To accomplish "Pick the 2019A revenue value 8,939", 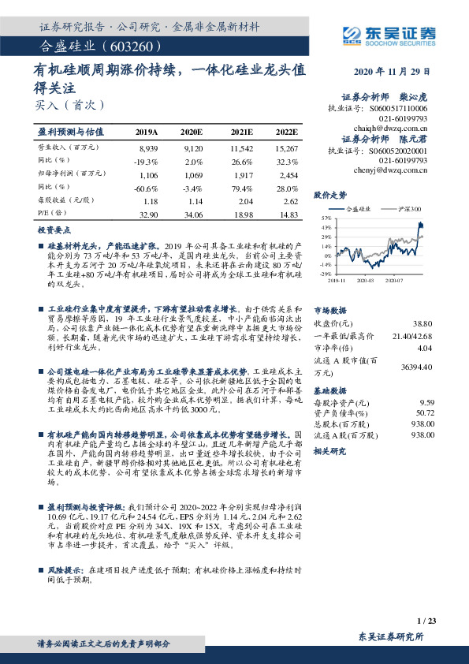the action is (148, 147).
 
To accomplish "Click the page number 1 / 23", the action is (426, 621).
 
